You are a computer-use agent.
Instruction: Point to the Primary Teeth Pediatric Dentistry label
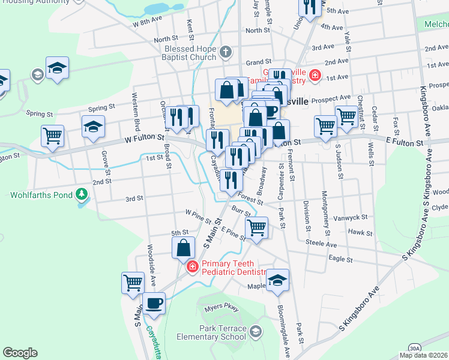tap(234, 268)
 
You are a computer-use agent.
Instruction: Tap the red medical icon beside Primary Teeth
tap(192, 266)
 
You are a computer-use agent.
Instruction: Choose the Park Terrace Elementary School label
tap(211, 332)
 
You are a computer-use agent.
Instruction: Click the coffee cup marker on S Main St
tap(154, 302)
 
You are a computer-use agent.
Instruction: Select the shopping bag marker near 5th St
tap(183, 247)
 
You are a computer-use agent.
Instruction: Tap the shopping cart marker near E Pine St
tap(256, 227)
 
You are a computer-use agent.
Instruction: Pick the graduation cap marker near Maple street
tap(277, 280)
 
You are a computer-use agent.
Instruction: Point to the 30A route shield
tap(415, 347)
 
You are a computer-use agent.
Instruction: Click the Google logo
tap(20, 353)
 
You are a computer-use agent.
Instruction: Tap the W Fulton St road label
tap(145, 137)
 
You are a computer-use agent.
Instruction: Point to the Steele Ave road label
tap(321, 244)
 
